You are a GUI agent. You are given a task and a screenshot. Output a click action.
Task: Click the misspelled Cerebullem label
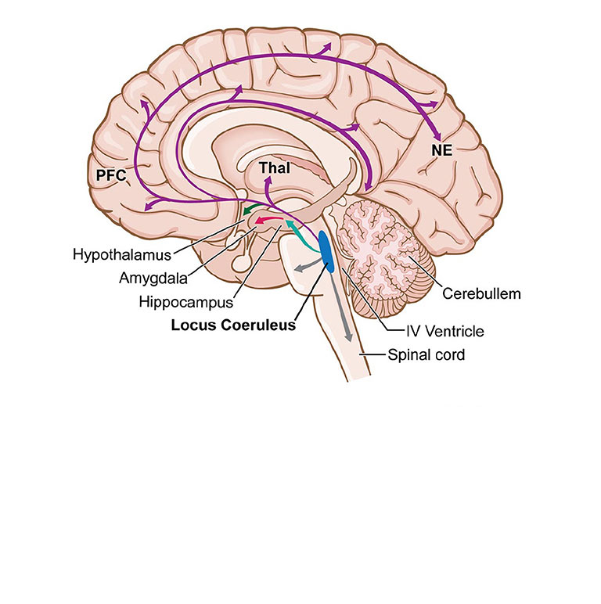point(481,293)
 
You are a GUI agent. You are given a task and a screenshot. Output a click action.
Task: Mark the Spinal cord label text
point(426,354)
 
